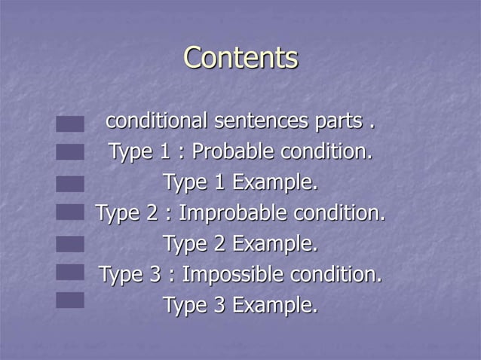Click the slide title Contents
[240, 58]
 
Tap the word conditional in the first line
[157, 121]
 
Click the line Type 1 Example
[240, 182]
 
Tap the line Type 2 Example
[240, 244]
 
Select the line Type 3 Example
[240, 305]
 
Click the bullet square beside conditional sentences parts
[69, 124]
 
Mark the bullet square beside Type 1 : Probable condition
[69, 153]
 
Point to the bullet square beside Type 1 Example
[69, 184]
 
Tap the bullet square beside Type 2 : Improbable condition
[69, 212]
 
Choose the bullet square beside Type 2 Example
[69, 243]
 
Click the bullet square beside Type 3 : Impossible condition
[69, 272]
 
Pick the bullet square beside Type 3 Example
[69, 301]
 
